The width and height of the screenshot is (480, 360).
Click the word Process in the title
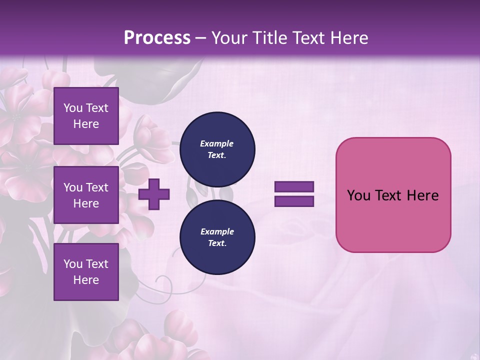157,37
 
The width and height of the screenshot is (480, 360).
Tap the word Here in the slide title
348,37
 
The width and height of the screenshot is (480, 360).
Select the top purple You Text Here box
86,116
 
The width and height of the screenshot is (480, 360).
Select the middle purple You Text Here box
86,195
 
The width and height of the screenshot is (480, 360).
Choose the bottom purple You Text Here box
86,271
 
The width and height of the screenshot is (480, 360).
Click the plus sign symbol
154,194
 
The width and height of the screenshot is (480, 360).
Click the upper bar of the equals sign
294,187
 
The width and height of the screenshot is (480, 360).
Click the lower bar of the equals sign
294,201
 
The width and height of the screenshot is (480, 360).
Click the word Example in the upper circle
217,143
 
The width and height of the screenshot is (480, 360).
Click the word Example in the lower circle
217,231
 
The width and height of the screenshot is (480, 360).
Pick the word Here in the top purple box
86,124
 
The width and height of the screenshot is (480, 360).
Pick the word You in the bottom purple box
73,263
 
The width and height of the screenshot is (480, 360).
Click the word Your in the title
228,37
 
